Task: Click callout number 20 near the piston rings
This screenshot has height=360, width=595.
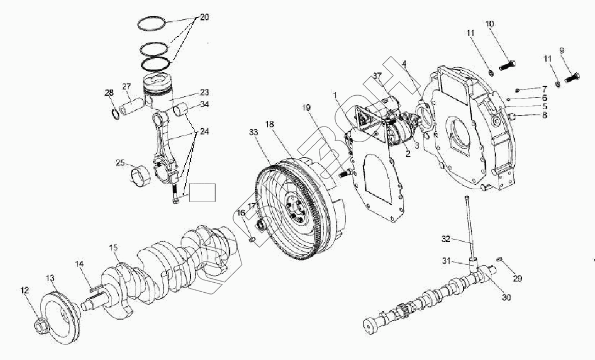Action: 204,18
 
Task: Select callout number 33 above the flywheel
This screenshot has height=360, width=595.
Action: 253,133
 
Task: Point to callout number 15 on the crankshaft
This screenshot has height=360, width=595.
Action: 114,247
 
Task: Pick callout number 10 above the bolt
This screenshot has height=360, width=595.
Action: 490,24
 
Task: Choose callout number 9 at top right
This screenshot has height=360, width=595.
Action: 562,50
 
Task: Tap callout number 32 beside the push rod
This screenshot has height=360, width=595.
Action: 446,239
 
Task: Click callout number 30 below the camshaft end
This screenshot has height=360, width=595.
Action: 506,297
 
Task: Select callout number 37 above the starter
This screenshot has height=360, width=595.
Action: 377,76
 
